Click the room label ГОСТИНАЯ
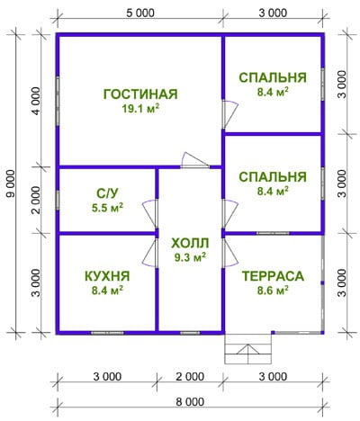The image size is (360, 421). [140, 94]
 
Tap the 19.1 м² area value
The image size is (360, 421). [140, 109]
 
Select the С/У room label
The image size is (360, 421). [107, 193]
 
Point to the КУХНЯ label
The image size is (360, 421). [107, 276]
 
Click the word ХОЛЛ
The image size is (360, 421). [190, 243]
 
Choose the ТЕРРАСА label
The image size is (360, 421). [273, 276]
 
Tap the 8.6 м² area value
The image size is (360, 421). [273, 291]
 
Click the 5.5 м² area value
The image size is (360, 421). [107, 208]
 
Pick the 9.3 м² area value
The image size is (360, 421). [190, 257]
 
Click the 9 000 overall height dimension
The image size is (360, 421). [11, 184]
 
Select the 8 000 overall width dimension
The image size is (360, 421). [190, 402]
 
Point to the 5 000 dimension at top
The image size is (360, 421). [140, 13]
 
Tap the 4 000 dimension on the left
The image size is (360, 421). [36, 101]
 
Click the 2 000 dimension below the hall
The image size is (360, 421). [190, 377]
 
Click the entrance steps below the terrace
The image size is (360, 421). [248, 349]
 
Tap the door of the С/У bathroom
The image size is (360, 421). [149, 213]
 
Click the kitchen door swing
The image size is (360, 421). [149, 252]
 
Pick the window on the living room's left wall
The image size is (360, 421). [58, 101]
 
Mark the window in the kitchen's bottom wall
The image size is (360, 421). [107, 333]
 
